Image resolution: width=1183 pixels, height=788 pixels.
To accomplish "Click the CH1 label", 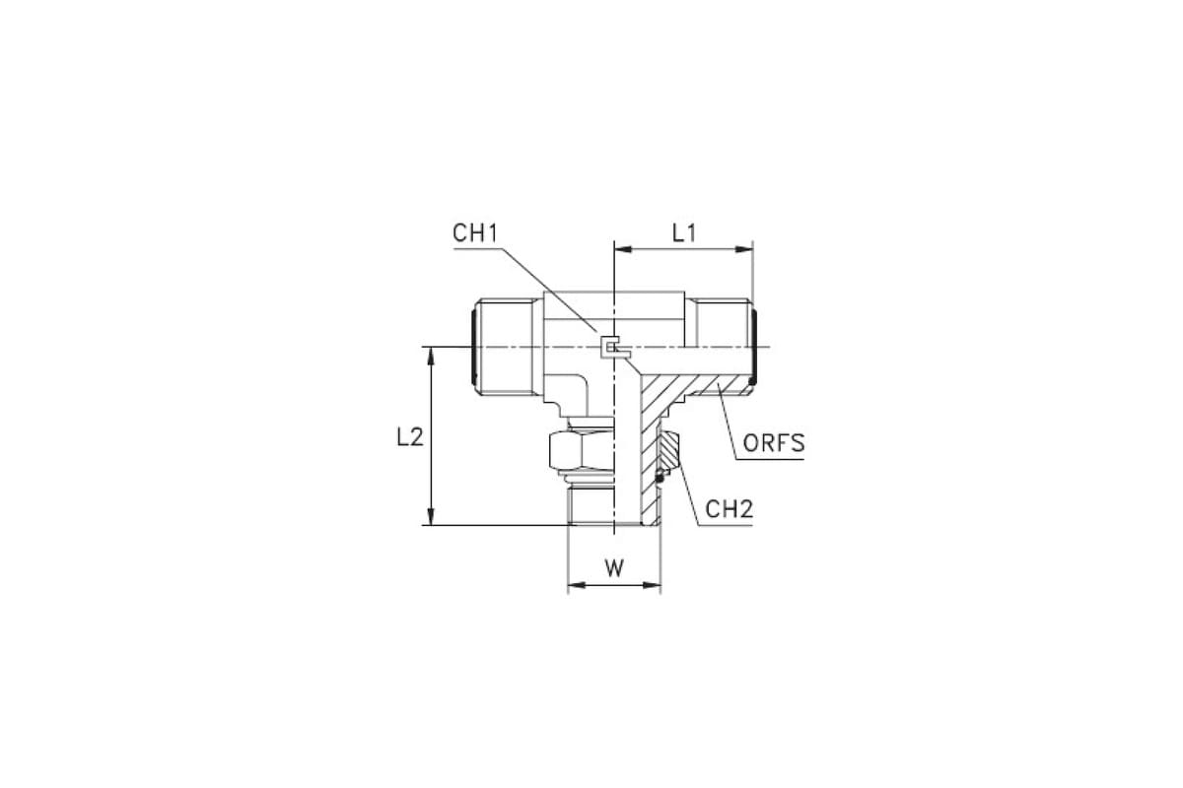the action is (x=475, y=233).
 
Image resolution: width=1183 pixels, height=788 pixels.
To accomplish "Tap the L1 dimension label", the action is (x=684, y=232).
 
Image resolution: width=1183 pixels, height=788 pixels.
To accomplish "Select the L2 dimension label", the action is (x=410, y=437).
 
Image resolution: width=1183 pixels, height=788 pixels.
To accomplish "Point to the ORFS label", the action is (x=774, y=443).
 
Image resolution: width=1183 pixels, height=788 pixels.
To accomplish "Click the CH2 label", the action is (x=729, y=509).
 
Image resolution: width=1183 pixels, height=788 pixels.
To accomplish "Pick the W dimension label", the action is (x=614, y=568).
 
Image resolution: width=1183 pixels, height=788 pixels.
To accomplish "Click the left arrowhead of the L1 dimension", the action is (x=623, y=249).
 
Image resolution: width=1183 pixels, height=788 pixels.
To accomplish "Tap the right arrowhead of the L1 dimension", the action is (x=744, y=249).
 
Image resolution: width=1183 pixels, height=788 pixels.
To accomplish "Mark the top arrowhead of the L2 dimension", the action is (x=431, y=356).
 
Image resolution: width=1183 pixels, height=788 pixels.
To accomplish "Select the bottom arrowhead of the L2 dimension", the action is (x=431, y=516).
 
